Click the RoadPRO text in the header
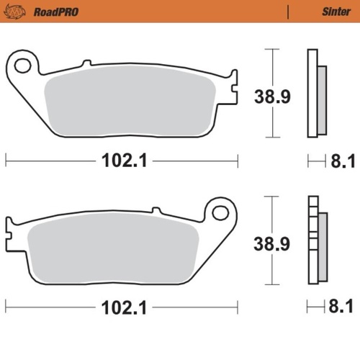55,12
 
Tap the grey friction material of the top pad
130,104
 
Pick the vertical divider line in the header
288,12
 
